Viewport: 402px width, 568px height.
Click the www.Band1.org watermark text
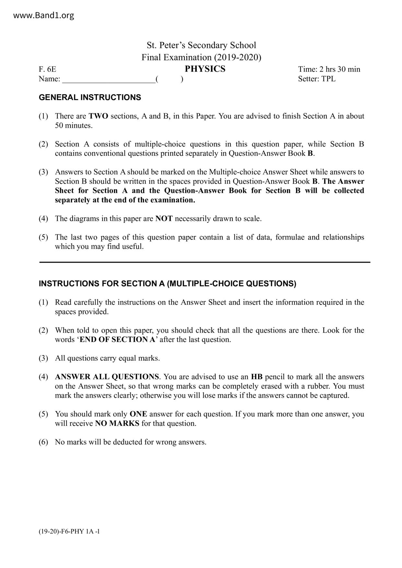[44, 16]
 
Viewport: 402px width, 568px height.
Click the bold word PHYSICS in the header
[205, 69]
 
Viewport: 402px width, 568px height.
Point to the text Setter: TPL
[317, 79]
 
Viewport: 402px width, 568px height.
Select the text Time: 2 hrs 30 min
[329, 69]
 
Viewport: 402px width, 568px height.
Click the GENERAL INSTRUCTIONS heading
[90, 97]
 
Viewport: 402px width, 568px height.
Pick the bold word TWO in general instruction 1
[98, 116]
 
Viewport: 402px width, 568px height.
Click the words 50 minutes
[74, 126]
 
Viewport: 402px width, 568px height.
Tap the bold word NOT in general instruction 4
[164, 219]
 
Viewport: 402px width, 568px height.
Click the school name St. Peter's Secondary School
[201, 45]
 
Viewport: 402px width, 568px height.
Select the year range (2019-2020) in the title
[238, 58]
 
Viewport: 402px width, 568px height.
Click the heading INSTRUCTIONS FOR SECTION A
[167, 284]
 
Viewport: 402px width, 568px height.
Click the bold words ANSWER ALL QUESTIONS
[107, 377]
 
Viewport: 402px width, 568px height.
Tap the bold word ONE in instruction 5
[138, 414]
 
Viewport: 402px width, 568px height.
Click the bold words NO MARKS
[117, 424]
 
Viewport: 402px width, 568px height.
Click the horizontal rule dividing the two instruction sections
[205, 262]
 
